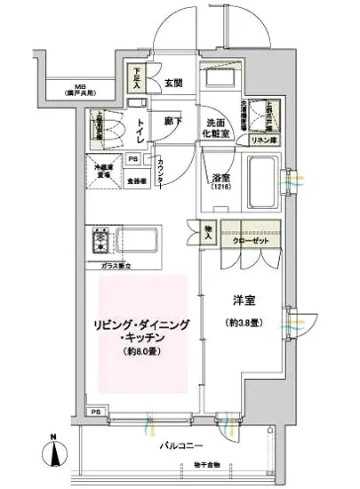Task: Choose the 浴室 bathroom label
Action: tap(222, 180)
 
